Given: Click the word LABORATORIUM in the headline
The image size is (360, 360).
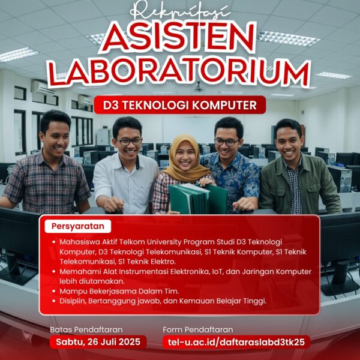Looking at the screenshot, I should [180, 74].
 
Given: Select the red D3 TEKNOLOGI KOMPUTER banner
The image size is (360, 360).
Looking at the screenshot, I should [179, 106].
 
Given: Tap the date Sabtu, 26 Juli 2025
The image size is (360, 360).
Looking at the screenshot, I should [98, 342].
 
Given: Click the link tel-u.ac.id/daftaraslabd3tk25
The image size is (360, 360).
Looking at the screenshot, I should [236, 342].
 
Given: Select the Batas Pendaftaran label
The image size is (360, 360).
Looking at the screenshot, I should [86, 329].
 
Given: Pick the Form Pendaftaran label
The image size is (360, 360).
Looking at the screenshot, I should [197, 329].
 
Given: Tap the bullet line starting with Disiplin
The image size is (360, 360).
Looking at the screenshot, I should [162, 301].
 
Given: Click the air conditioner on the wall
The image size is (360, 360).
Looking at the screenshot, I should [43, 88].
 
